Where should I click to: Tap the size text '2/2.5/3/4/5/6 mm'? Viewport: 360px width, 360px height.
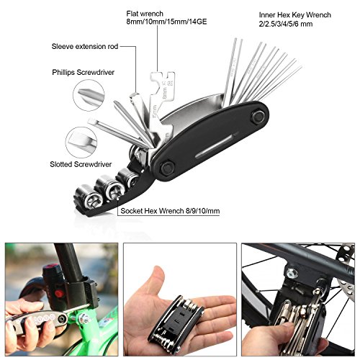coord(287,24)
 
